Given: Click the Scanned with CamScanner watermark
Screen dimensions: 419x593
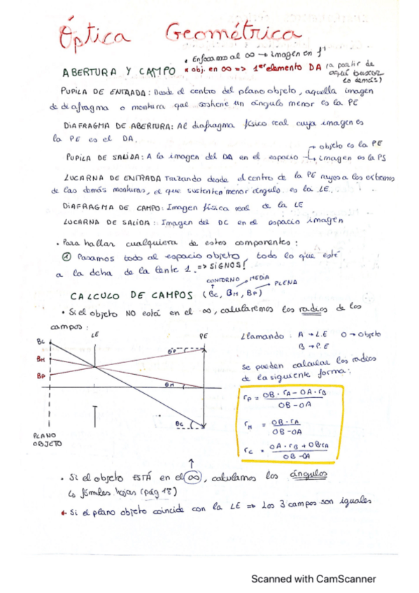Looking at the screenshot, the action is click(313, 578).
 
